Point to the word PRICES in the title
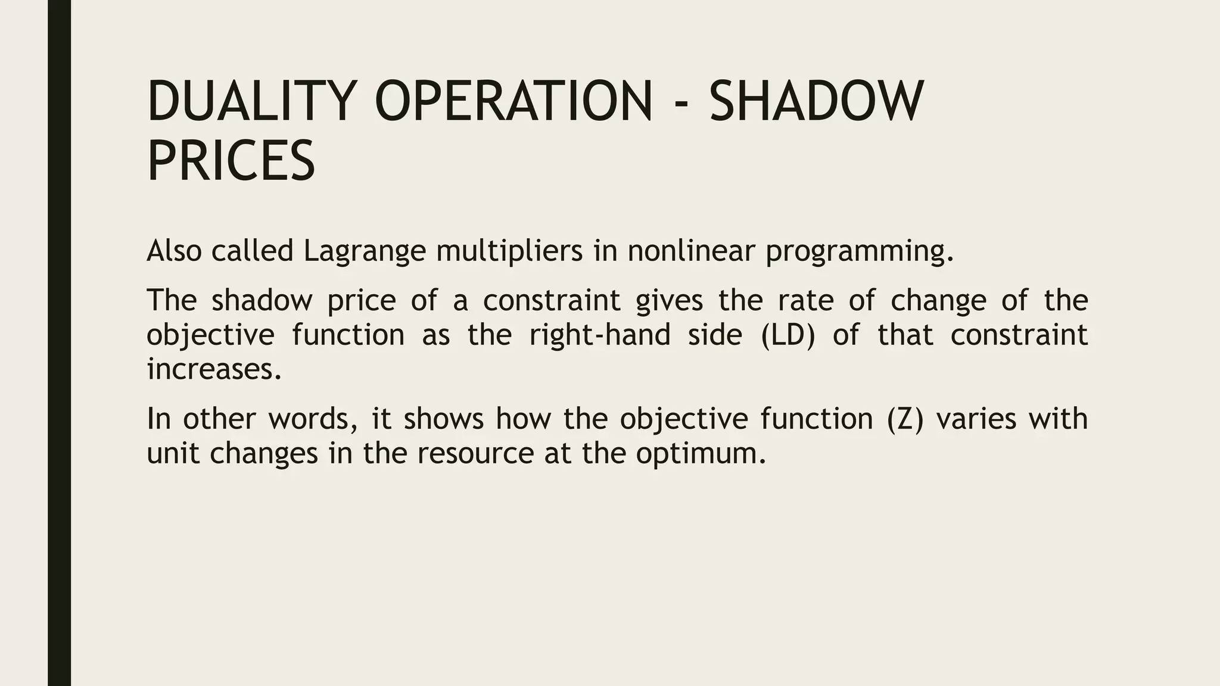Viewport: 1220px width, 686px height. click(231, 161)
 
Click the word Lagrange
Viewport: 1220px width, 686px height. click(365, 251)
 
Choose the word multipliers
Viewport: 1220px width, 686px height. click(509, 251)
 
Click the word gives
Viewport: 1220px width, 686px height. click(669, 301)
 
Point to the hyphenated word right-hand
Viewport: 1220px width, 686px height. click(599, 335)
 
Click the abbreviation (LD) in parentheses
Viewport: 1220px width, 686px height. click(788, 335)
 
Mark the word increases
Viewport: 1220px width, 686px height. click(214, 369)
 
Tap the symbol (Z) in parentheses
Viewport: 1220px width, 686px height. click(904, 419)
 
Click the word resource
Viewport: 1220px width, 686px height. click(475, 454)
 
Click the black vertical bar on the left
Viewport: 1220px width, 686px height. click(59, 343)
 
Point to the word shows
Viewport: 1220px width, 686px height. click(444, 419)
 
